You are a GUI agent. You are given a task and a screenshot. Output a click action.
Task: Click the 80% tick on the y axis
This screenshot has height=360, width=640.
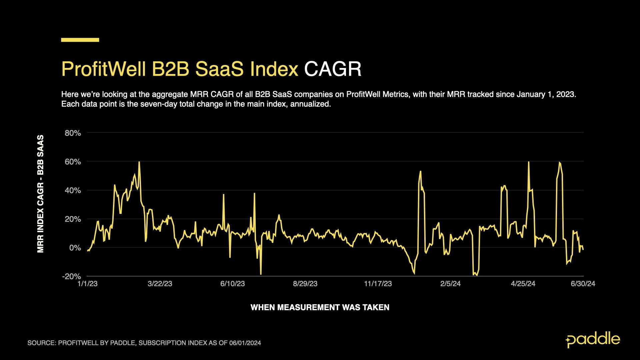tap(73, 133)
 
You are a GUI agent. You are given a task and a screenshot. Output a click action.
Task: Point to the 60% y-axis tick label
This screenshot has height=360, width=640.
tap(73, 162)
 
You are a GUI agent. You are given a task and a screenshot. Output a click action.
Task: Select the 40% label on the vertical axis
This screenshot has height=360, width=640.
tap(73, 190)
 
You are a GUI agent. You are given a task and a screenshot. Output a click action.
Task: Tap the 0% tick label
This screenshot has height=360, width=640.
tap(75, 248)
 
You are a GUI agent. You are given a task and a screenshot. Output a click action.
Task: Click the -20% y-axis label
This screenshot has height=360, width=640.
tap(71, 276)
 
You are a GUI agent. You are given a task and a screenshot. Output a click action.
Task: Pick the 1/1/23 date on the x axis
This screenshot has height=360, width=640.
tap(87, 284)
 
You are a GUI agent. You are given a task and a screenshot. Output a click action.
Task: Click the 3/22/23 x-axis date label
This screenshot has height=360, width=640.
tap(160, 284)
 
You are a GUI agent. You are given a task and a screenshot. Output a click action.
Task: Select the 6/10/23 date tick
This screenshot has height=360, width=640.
tap(233, 284)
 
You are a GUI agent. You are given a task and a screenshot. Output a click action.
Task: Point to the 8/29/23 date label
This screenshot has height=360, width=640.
tap(305, 284)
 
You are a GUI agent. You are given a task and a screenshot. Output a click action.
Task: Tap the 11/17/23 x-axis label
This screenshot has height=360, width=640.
tap(378, 284)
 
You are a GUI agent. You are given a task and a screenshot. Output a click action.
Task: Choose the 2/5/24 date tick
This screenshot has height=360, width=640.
tap(450, 284)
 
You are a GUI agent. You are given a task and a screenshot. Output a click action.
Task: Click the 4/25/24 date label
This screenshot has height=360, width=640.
tap(523, 284)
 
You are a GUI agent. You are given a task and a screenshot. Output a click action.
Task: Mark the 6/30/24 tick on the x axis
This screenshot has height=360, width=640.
tap(583, 284)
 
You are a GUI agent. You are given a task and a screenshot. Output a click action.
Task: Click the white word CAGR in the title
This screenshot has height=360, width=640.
tap(333, 69)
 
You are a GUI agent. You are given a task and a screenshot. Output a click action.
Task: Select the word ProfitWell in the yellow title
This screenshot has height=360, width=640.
tap(103, 69)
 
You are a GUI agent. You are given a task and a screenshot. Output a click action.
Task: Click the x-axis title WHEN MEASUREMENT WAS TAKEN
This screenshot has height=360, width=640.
tap(320, 307)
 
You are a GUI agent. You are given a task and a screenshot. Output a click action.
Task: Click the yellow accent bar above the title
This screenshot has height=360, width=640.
tap(80, 40)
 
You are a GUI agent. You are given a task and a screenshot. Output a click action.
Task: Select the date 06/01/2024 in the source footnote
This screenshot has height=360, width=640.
tap(245, 343)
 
